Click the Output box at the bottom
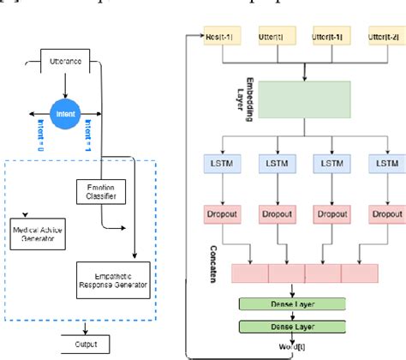tap(82, 320)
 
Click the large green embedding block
tap(303, 100)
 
